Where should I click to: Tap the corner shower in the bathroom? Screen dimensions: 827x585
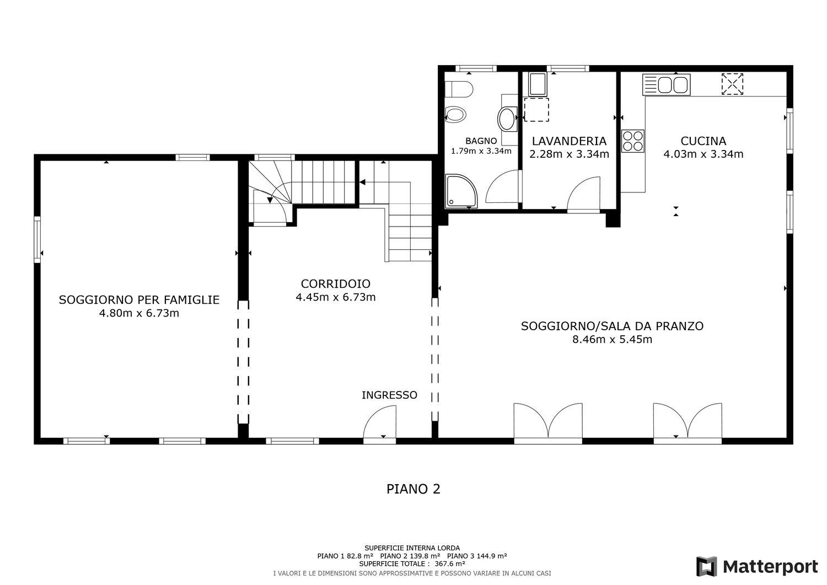point(460,191)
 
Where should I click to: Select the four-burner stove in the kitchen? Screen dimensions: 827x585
point(633,141)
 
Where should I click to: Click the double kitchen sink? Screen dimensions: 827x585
point(666,85)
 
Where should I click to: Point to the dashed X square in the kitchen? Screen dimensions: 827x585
point(732,84)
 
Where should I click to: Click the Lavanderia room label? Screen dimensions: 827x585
point(569,141)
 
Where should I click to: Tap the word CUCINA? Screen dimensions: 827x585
point(704,141)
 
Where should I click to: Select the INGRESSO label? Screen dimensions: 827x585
point(389,395)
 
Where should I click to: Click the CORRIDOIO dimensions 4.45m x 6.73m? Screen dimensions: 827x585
point(336,297)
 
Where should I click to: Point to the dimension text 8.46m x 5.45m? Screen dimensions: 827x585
point(612,339)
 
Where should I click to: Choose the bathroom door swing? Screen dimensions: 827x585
point(502,186)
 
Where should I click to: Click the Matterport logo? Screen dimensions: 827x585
point(757,566)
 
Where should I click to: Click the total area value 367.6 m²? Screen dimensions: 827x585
point(450,563)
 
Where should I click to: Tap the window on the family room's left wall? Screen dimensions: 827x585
point(37,239)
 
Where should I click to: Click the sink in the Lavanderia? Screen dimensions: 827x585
point(538,84)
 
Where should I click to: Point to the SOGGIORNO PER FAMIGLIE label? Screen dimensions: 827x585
point(139,299)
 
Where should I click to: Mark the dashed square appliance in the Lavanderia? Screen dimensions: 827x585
point(536,110)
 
